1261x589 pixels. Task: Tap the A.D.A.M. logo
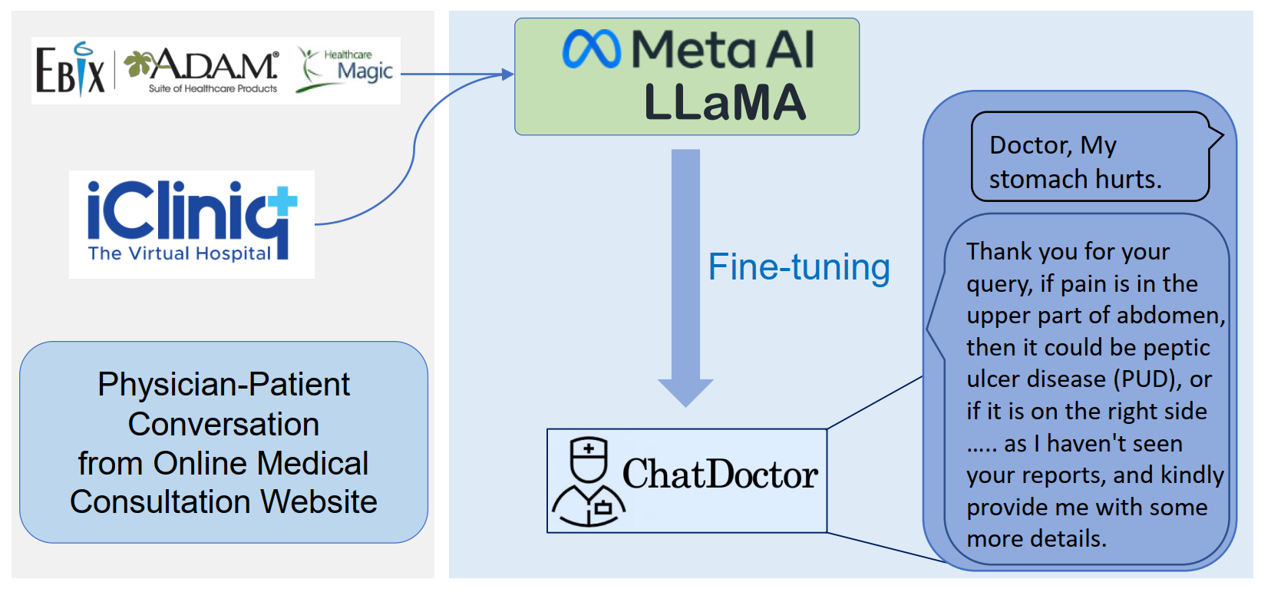tap(203, 69)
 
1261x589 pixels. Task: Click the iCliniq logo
tap(191, 211)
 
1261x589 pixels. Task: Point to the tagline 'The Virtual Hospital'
tap(179, 253)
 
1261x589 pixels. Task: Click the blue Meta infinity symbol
tap(591, 49)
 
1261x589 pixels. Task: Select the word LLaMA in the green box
tap(725, 102)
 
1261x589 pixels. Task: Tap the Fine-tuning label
tap(798, 267)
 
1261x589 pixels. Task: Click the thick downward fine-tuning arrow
tap(685, 276)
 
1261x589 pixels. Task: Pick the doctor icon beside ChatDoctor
tap(589, 481)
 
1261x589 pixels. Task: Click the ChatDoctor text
tap(719, 475)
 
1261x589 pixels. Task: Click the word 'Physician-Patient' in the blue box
tap(223, 384)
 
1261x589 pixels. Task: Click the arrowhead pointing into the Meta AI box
tap(507, 74)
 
